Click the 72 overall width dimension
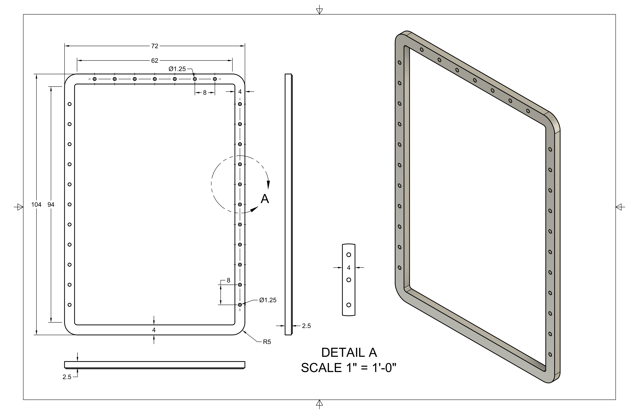155,46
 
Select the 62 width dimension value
155,61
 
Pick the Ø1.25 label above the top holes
177,69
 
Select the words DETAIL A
349,353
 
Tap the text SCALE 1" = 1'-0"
348,368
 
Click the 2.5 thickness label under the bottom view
67,377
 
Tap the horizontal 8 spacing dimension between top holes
205,93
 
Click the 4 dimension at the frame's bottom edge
154,330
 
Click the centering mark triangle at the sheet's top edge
319,11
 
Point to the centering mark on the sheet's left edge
19,207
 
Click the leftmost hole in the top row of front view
95,79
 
